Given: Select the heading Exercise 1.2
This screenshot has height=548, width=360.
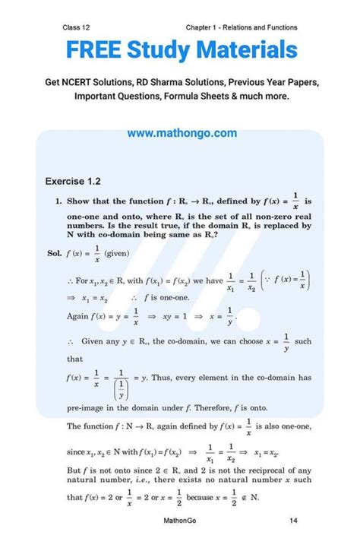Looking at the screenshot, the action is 74,182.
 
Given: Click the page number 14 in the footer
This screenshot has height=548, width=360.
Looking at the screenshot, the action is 293,521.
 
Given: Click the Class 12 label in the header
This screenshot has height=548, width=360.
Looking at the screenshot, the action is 77,27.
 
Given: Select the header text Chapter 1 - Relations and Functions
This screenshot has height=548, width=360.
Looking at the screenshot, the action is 242,27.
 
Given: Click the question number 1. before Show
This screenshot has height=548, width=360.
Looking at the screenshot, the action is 58,202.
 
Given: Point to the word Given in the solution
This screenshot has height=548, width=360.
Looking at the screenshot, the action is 93,342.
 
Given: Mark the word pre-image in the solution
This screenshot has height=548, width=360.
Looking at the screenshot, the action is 87,408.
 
